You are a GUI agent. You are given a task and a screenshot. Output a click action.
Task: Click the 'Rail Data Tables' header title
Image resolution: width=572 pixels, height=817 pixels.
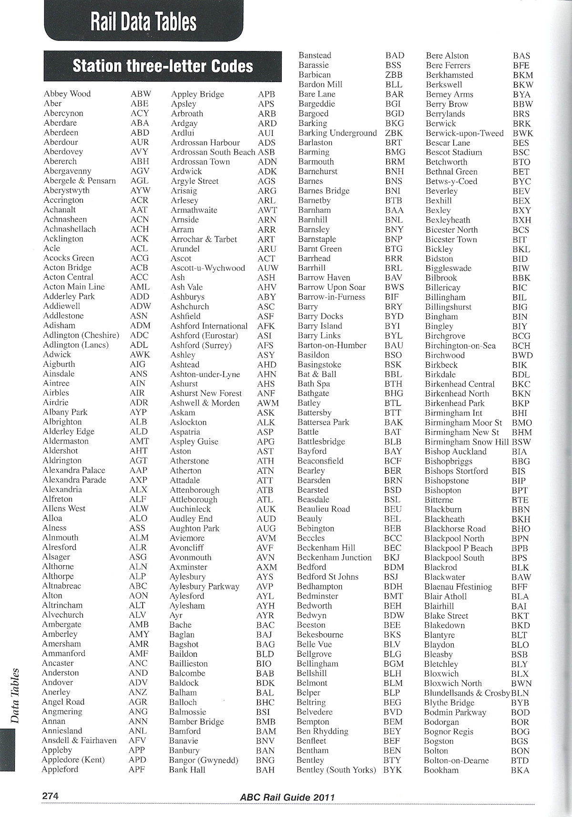[x=143, y=22]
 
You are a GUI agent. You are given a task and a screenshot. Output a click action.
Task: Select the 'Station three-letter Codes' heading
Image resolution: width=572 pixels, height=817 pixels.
[x=163, y=66]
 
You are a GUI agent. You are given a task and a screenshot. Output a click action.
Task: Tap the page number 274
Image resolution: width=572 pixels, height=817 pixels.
[x=50, y=796]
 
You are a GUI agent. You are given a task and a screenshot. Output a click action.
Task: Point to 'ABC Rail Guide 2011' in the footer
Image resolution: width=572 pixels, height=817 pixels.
[x=287, y=797]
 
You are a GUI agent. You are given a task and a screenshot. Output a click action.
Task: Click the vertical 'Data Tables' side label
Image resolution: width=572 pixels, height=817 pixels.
[x=15, y=696]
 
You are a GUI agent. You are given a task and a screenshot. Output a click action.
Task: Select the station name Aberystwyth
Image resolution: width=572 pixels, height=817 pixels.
[x=66, y=190]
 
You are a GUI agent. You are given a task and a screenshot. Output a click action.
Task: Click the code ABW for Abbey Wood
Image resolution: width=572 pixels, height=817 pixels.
[x=140, y=94]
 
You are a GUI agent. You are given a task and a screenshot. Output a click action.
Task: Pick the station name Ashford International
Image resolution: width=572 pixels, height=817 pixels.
[x=209, y=326]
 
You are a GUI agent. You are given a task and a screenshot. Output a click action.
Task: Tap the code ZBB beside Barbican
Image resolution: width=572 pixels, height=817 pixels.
[x=394, y=75]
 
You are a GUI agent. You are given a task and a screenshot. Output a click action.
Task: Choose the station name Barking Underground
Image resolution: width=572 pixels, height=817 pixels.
[x=337, y=133]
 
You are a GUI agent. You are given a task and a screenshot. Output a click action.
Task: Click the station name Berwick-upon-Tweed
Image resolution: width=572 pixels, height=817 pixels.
[x=464, y=133]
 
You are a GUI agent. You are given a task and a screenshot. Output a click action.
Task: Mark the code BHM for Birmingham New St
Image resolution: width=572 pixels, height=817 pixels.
[x=521, y=432]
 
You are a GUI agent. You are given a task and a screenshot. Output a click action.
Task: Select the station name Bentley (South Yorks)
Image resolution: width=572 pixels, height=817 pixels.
[x=336, y=770]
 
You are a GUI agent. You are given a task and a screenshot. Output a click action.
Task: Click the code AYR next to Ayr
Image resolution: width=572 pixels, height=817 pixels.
[x=266, y=615]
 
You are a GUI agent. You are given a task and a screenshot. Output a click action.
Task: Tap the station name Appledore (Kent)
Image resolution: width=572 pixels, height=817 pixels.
[x=73, y=760]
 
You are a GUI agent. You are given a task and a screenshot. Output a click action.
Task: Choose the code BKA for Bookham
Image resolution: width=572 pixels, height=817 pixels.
[x=520, y=770]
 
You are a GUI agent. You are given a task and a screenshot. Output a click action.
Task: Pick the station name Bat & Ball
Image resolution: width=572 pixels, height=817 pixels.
[x=317, y=374]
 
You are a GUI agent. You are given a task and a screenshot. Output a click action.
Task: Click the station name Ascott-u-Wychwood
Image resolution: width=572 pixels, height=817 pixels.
[x=207, y=268]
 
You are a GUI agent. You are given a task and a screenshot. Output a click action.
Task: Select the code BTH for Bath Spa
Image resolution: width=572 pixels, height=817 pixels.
[x=393, y=384]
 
